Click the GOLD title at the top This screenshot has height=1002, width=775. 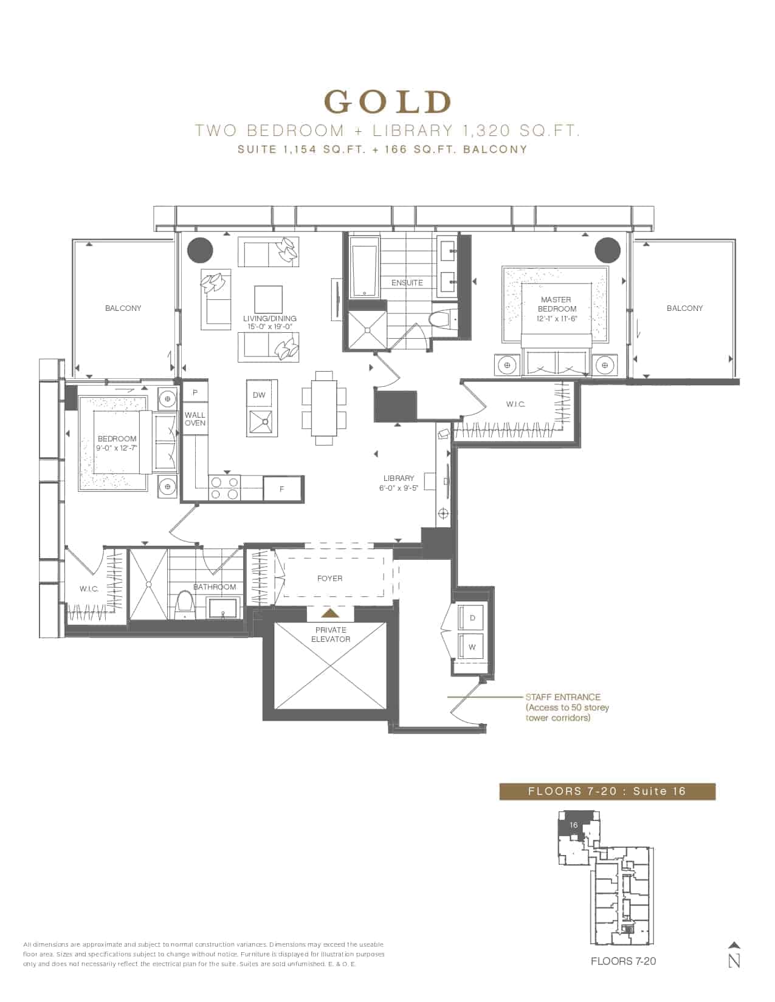[x=388, y=102]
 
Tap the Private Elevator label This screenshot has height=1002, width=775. [x=331, y=635]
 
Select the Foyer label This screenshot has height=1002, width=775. [x=329, y=578]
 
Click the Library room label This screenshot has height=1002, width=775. [x=398, y=483]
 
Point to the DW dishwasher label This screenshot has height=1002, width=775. [x=259, y=395]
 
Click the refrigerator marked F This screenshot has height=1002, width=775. [x=283, y=489]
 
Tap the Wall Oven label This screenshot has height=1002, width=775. [x=195, y=419]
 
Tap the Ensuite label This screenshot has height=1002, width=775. [x=407, y=282]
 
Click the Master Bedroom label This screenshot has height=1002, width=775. [x=557, y=309]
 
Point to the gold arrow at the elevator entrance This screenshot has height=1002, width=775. [x=331, y=613]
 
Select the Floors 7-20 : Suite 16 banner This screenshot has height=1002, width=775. [x=607, y=791]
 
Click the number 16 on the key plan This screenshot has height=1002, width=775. [x=573, y=825]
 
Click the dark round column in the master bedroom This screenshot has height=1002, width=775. [x=607, y=250]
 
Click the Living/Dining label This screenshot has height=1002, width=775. [x=269, y=322]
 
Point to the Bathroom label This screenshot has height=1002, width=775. [x=215, y=587]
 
